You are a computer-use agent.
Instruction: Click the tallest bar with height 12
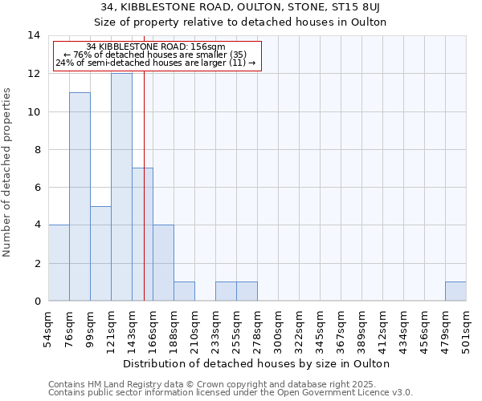click(x=121, y=187)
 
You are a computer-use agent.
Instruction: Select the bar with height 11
click(x=80, y=196)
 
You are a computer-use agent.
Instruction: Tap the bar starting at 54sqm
click(x=59, y=263)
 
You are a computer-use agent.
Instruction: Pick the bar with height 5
click(x=100, y=253)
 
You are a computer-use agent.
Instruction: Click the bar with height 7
click(x=142, y=234)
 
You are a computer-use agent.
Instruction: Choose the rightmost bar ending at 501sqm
click(x=455, y=291)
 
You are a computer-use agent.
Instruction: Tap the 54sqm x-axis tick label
click(x=49, y=327)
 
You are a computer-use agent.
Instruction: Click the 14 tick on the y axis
click(x=34, y=35)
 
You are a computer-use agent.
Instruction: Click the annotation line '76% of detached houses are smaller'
click(x=157, y=55)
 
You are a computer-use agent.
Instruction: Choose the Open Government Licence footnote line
click(x=231, y=392)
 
